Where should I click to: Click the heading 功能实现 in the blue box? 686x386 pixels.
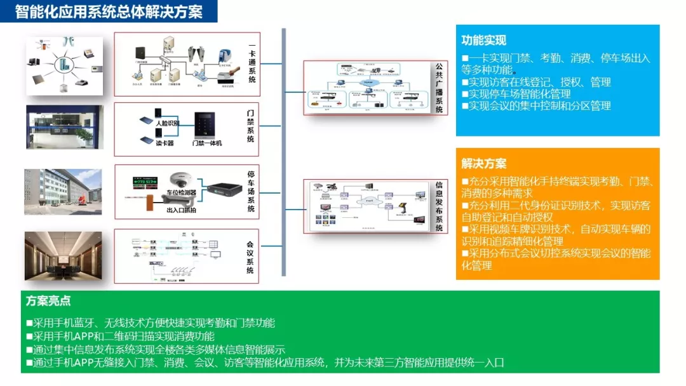click(483, 41)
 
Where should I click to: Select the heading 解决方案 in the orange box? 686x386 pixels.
click(483, 164)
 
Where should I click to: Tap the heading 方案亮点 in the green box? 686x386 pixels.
click(48, 301)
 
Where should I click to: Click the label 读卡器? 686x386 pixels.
click(164, 143)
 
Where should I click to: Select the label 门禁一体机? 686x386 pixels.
click(207, 143)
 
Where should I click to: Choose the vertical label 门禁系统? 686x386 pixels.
click(251, 126)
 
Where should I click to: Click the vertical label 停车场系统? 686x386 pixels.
click(251, 191)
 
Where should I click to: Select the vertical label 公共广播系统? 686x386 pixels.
click(439, 88)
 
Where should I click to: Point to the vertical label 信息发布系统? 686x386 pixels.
click(439, 206)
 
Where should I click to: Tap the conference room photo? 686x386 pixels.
click(64, 256)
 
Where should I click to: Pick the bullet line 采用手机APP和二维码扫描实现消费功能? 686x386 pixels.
click(120, 336)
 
